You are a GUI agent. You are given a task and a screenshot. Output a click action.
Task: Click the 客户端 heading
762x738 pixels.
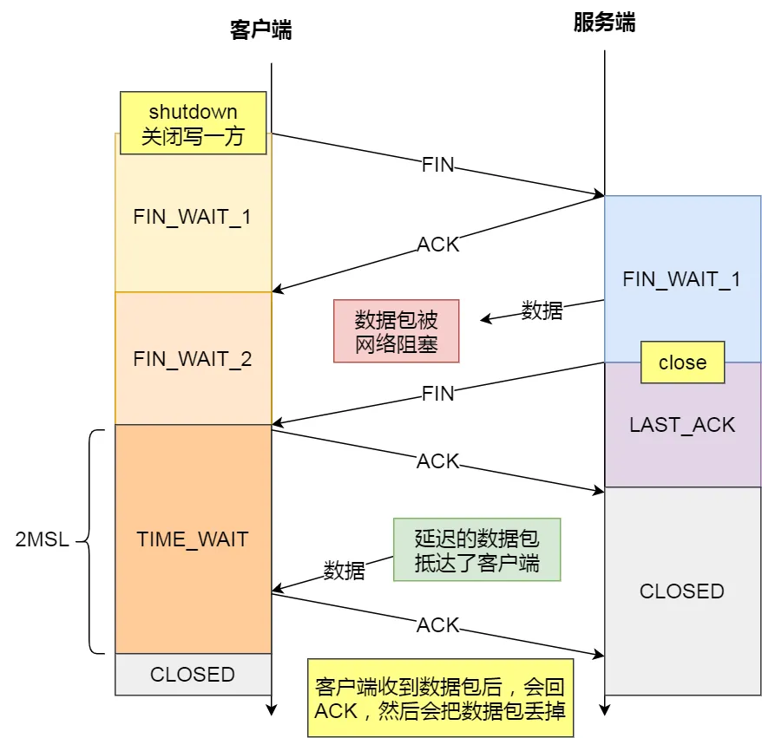click(x=260, y=30)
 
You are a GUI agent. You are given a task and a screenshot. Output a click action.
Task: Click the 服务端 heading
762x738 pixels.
click(x=604, y=23)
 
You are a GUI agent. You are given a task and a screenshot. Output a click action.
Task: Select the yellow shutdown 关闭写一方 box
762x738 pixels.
click(x=193, y=123)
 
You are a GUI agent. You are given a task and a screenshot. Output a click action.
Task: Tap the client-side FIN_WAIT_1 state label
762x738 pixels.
click(x=193, y=216)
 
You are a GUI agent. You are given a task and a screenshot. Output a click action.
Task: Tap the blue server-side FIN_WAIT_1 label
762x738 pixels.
click(x=682, y=279)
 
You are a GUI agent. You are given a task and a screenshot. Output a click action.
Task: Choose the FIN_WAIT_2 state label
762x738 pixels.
click(x=193, y=358)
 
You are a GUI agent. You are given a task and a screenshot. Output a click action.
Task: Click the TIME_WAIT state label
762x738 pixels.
click(x=193, y=539)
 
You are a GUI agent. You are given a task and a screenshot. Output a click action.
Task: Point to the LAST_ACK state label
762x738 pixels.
click(x=682, y=425)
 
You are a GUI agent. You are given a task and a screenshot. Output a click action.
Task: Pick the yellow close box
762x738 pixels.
click(x=682, y=362)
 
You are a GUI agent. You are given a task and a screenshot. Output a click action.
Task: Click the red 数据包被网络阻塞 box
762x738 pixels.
click(x=397, y=331)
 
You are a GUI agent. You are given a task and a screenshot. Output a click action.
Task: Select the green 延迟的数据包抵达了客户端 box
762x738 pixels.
click(x=476, y=550)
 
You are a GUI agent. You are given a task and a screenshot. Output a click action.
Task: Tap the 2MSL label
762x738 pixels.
click(x=42, y=539)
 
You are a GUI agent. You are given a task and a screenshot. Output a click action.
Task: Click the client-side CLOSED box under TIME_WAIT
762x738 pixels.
click(x=193, y=674)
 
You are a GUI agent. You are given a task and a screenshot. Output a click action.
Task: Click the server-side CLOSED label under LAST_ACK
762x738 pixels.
click(x=682, y=591)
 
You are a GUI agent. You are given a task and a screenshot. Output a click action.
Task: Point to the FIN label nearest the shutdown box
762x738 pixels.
click(x=437, y=165)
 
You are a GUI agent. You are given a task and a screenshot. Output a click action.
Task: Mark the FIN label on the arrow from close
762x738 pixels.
click(x=437, y=394)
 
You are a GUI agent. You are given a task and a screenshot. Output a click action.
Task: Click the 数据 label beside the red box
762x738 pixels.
click(x=542, y=310)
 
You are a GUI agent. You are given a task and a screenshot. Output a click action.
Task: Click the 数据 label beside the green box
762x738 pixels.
click(x=345, y=571)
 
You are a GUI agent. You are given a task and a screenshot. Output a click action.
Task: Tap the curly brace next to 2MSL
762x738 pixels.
click(x=95, y=539)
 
